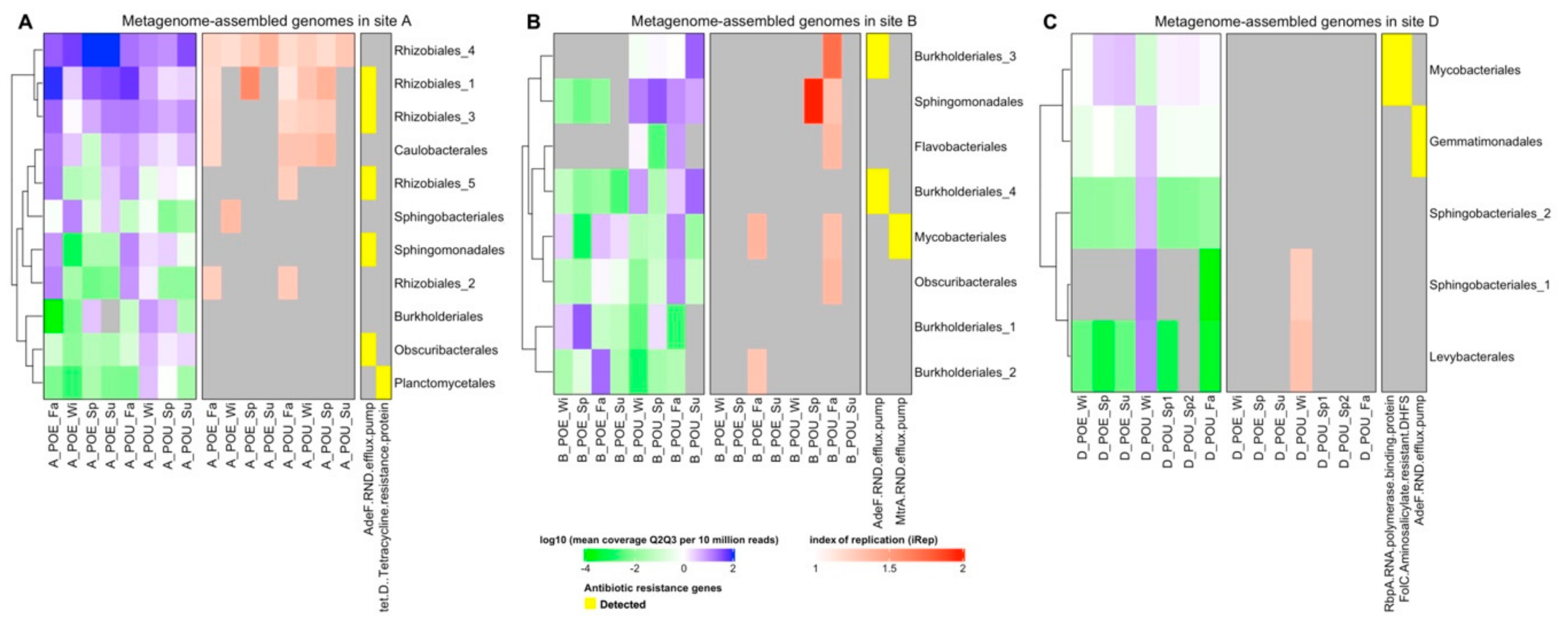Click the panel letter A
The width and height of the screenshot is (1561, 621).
pyautogui.click(x=25, y=22)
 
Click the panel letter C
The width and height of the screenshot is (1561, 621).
pyautogui.click(x=1050, y=22)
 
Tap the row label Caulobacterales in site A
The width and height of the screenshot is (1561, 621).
pyautogui.click(x=440, y=150)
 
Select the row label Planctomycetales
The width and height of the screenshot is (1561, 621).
pyautogui.click(x=444, y=383)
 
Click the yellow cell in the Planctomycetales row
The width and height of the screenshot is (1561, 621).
pyautogui.click(x=383, y=383)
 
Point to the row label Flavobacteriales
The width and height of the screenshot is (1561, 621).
pyautogui.click(x=960, y=146)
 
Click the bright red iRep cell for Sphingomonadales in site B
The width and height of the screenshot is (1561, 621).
pyautogui.click(x=813, y=101)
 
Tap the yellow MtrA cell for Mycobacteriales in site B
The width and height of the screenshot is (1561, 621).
pyautogui.click(x=900, y=237)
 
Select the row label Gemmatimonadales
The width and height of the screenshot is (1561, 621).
pyautogui.click(x=1485, y=141)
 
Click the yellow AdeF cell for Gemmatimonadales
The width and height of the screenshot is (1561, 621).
pyautogui.click(x=1419, y=141)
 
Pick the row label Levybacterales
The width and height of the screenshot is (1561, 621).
pyautogui.click(x=1471, y=357)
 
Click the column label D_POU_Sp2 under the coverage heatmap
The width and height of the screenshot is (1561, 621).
pyautogui.click(x=1189, y=432)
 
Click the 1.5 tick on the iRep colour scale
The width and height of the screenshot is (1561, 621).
pyautogui.click(x=889, y=569)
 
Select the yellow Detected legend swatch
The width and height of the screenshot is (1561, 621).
pyautogui.click(x=590, y=604)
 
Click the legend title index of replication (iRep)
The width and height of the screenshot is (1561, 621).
pyautogui.click(x=873, y=539)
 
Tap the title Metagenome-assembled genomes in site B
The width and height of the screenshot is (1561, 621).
pyautogui.click(x=773, y=22)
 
